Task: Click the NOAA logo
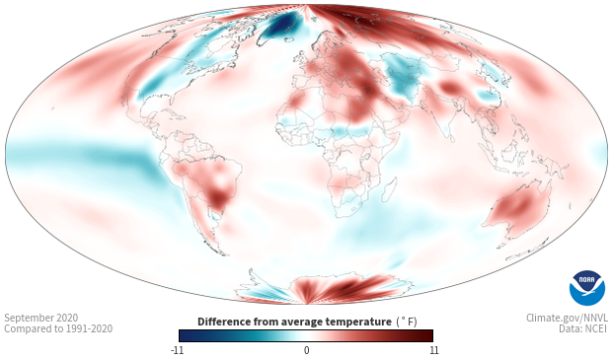[x=587, y=288]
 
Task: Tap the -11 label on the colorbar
[x=178, y=350]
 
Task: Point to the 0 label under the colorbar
[x=306, y=350]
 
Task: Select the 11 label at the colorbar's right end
[x=433, y=350]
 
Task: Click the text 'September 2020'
[x=41, y=318]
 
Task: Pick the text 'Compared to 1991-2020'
[x=58, y=328]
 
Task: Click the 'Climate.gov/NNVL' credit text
[x=567, y=318]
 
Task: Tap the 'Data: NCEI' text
[x=583, y=328]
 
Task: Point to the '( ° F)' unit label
[x=407, y=322]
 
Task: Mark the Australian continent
[x=517, y=209]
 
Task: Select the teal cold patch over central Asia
[x=402, y=77]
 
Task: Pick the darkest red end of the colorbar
[x=429, y=335]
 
